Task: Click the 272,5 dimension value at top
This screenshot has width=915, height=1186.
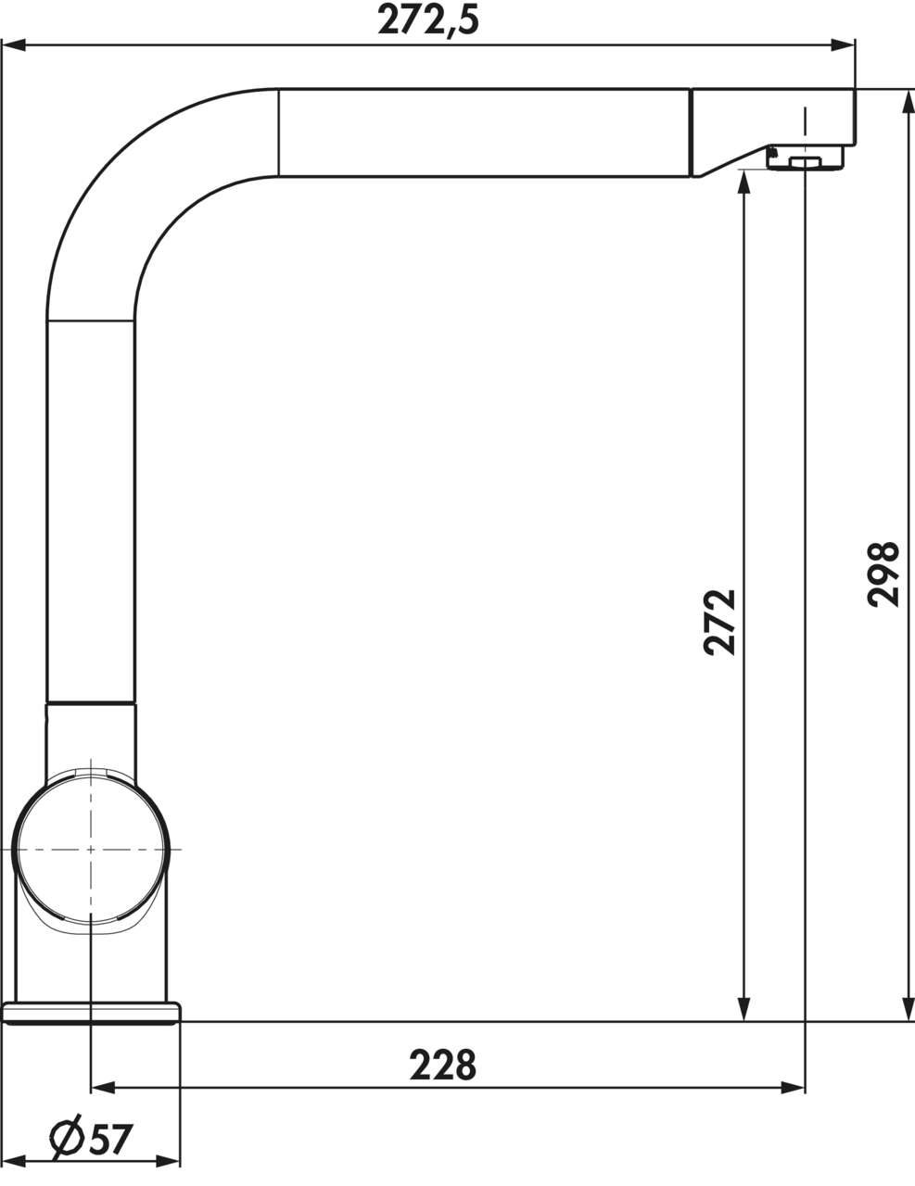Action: point(428,19)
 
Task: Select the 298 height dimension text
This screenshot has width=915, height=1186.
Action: point(884,574)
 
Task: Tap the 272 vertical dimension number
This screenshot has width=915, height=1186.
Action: point(720,622)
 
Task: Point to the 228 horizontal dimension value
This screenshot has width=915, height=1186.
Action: point(443,1065)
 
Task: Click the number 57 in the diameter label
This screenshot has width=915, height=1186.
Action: point(109,1140)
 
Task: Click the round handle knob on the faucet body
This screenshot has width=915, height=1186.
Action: point(91,849)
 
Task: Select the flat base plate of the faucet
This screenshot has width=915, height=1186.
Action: point(91,1012)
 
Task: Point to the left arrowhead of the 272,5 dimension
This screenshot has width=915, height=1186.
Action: point(13,44)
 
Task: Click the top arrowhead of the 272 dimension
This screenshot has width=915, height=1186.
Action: point(743,182)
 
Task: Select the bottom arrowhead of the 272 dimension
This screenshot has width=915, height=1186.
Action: point(743,1011)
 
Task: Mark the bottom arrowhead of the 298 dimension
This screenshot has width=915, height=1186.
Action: point(906,1011)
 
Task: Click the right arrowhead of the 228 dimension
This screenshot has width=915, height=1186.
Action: point(794,1088)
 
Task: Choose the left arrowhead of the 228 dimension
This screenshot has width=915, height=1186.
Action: point(102,1088)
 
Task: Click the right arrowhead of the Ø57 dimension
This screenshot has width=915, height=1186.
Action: point(170,1160)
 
